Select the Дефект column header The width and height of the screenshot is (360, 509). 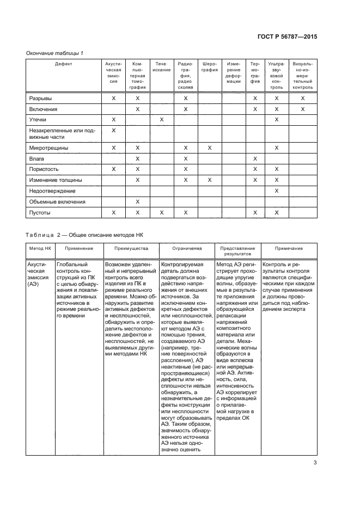point(64,64)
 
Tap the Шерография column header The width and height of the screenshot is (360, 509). point(210,66)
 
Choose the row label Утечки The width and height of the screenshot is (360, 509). point(38,119)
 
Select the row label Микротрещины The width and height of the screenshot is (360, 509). point(48,148)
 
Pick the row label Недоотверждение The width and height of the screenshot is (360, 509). point(52,191)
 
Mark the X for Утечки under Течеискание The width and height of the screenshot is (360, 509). point(161,119)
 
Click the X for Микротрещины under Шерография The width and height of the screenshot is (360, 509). point(210,148)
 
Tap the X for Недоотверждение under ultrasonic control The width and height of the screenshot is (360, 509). point(277,191)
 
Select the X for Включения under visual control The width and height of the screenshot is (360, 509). point(303,109)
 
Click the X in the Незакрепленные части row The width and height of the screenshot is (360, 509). point(114,131)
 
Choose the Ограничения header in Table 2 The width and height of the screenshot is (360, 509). point(187,248)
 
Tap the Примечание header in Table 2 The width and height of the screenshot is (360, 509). point(289,248)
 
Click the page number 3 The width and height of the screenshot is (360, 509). point(315,463)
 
